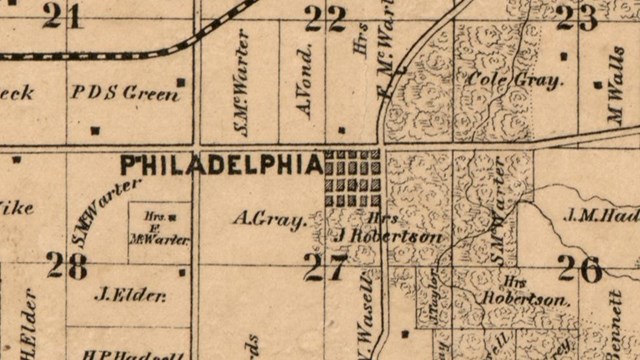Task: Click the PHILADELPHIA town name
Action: [221, 162]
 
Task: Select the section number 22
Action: [325, 18]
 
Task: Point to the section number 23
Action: [576, 17]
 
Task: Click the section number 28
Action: [67, 266]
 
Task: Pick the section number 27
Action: [325, 267]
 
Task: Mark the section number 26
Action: [580, 268]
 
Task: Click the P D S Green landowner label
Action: [126, 93]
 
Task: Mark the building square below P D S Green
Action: [95, 129]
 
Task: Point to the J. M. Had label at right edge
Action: [601, 213]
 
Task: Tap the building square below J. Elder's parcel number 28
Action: [181, 271]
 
